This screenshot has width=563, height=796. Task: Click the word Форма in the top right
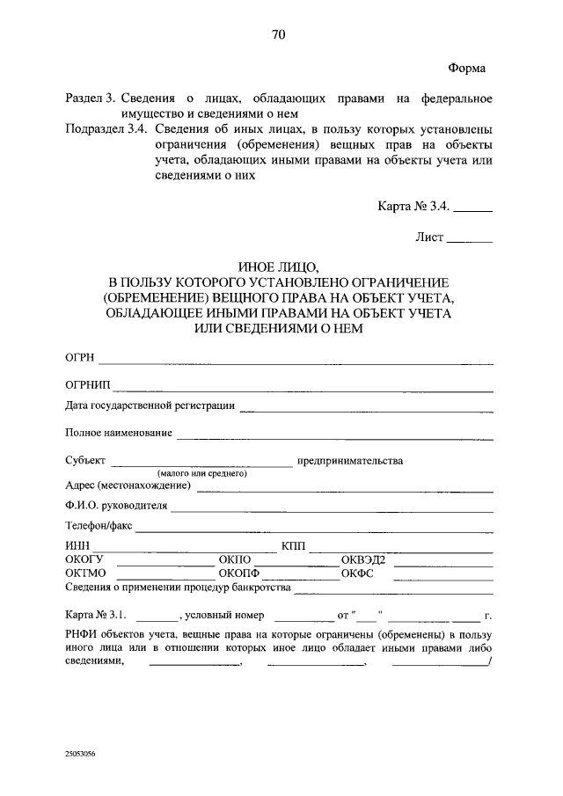(467, 68)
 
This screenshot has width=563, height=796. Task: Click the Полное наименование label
(118, 433)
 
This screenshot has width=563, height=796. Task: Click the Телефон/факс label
(98, 526)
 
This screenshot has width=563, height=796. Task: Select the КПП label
(293, 546)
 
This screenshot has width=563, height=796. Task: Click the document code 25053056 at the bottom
(80, 754)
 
